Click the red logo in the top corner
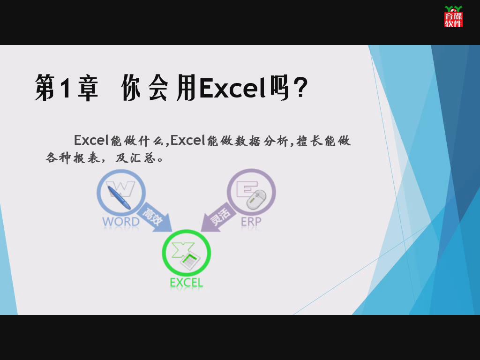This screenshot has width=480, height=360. point(453,16)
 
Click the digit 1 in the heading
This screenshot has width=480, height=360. point(65,88)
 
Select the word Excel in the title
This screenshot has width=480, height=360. point(232,88)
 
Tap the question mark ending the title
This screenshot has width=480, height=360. point(300,88)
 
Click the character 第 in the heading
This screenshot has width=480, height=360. point(45,87)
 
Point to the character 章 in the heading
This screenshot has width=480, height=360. point(88,88)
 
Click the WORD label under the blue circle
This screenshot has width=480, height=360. point(121,221)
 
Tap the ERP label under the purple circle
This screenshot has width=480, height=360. point(251,221)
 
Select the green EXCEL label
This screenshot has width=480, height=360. point(187,283)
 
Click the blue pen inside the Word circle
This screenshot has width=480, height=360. point(120,197)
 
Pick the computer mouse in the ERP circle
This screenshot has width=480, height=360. point(256,200)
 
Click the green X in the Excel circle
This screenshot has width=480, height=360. point(183,250)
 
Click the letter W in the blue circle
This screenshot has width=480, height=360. point(121,188)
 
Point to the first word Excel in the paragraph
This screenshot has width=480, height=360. point(91,140)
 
